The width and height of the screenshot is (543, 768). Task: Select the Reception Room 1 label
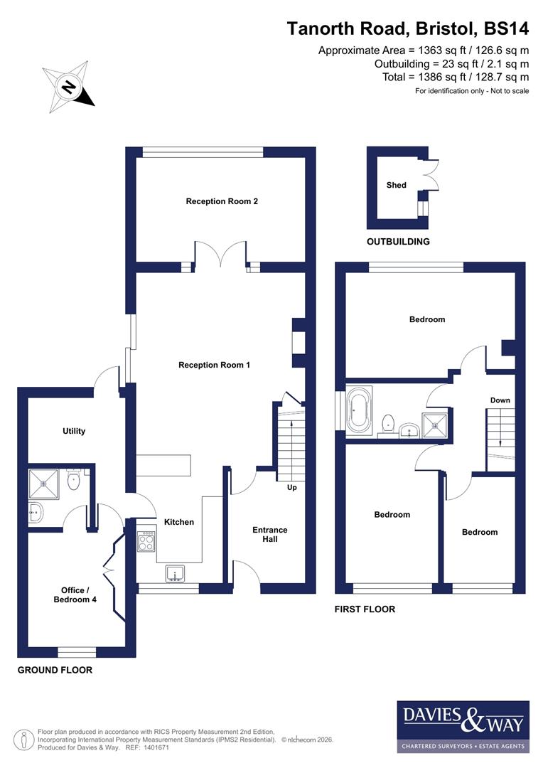pyautogui.click(x=214, y=365)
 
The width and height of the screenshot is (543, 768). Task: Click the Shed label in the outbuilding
pyautogui.click(x=396, y=185)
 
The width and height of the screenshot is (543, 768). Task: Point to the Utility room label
pyautogui.click(x=74, y=431)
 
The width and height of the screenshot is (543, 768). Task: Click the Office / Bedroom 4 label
pyautogui.click(x=75, y=595)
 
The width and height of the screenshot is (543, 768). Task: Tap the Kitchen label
pyautogui.click(x=179, y=522)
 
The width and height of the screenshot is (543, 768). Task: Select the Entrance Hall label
pyautogui.click(x=270, y=534)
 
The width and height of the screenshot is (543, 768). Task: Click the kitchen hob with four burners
pyautogui.click(x=146, y=543)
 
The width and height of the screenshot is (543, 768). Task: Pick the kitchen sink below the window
pyautogui.click(x=175, y=573)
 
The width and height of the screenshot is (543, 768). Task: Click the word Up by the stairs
pyautogui.click(x=292, y=488)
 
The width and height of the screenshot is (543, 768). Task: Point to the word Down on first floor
pyautogui.click(x=500, y=400)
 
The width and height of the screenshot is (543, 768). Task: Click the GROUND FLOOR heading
pyautogui.click(x=55, y=670)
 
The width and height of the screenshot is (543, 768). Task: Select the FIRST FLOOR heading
pyautogui.click(x=365, y=609)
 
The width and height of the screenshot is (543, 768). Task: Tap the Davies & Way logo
pyautogui.click(x=463, y=726)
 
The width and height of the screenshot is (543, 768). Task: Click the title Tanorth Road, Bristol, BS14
pyautogui.click(x=408, y=28)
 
